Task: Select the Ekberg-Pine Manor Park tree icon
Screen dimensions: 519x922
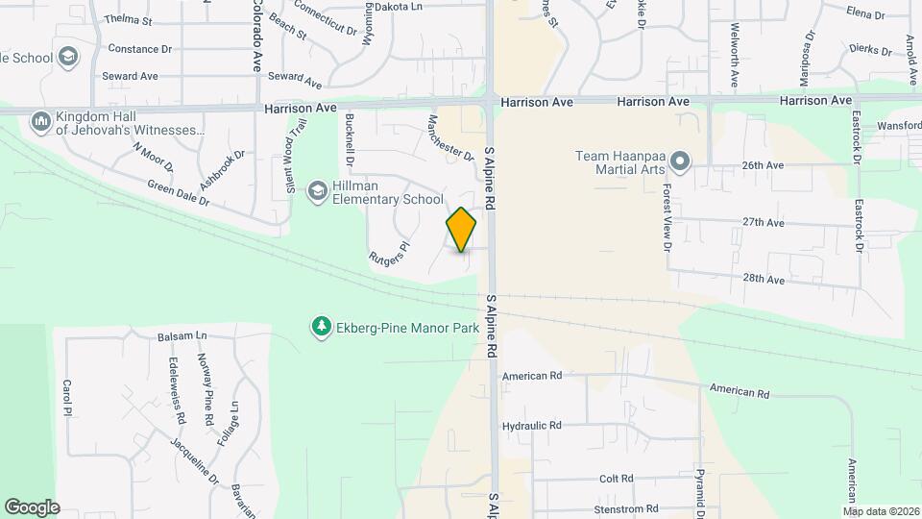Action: coord(320,328)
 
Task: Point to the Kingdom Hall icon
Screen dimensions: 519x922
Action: coord(40,122)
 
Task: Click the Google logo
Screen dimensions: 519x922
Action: coord(32,507)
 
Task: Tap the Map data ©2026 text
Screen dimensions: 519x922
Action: coord(881,510)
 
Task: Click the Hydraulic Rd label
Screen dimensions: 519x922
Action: coord(531,425)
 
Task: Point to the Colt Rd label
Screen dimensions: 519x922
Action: coord(616,478)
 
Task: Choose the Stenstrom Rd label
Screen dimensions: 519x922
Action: coord(625,508)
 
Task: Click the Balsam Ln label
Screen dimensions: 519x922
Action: coord(182,336)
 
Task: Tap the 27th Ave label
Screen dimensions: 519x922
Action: coord(764,222)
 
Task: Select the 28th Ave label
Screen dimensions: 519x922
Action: coord(764,280)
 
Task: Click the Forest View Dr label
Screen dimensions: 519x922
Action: coord(666,217)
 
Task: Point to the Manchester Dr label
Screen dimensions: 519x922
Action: coord(451,137)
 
